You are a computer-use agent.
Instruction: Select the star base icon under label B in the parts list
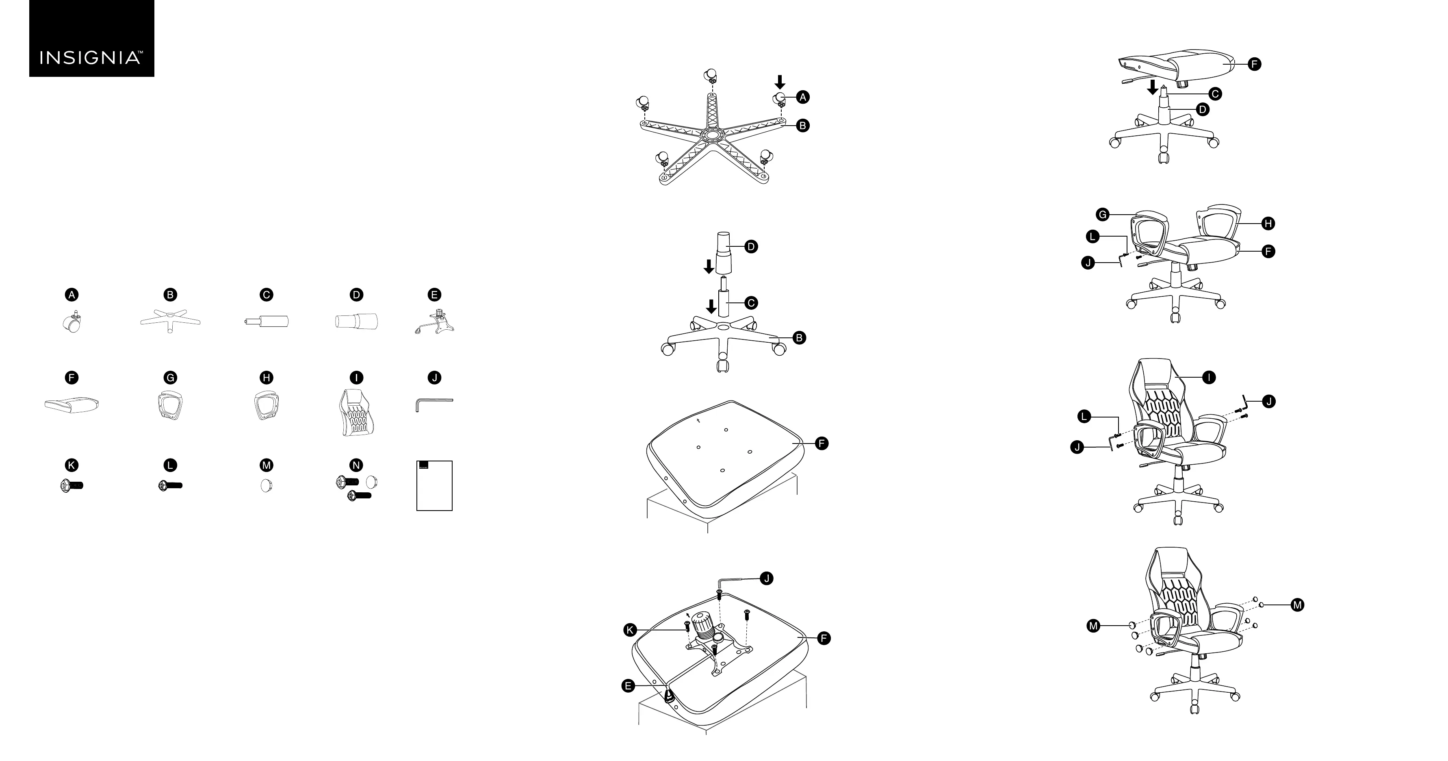[170, 321]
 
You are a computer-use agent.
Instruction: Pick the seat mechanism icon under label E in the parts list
[434, 323]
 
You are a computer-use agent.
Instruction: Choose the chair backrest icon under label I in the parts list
[356, 412]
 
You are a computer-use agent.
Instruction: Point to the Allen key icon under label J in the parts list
[434, 403]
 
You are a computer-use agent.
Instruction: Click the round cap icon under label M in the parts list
[267, 485]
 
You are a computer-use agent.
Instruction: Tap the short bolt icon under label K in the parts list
[72, 485]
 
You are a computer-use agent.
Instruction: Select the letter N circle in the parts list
[356, 465]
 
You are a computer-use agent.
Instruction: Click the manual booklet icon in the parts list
[434, 485]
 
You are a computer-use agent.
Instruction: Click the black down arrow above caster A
[780, 82]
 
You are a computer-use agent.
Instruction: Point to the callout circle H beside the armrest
[1268, 223]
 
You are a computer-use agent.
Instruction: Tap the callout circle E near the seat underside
[628, 686]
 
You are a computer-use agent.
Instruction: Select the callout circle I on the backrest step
[1209, 377]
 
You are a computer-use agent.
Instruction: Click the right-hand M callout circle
[1297, 604]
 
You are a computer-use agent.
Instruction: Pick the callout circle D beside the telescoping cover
[751, 246]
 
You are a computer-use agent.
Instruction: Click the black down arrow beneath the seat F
[1152, 87]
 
